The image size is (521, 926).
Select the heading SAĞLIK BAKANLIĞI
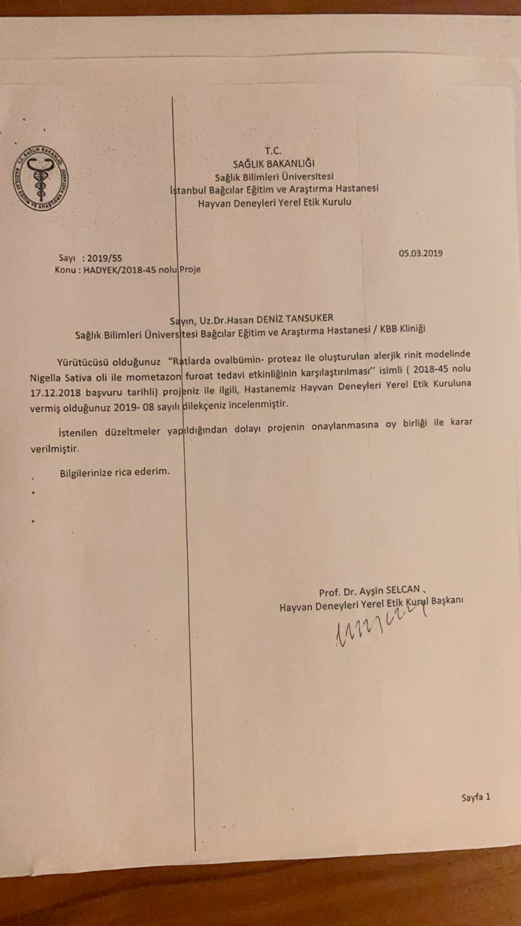[x=273, y=164]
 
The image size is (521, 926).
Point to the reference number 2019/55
[x=104, y=258]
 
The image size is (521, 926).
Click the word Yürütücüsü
[x=83, y=362]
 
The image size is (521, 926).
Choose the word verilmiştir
[x=55, y=449]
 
